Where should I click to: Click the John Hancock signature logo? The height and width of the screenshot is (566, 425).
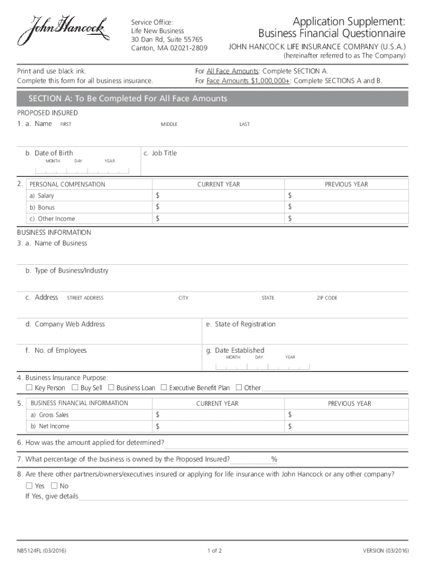pos(61,32)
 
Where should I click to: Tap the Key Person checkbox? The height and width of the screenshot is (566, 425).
pos(29,387)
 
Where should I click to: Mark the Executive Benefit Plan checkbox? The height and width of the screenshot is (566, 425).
pos(163,387)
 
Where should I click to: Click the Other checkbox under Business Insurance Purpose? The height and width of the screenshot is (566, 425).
pos(239,387)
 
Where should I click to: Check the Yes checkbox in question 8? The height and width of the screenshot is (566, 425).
pos(29,486)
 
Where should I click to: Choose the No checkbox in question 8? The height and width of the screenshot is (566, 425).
pos(54,486)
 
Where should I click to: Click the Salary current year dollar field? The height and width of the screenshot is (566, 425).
pos(218,196)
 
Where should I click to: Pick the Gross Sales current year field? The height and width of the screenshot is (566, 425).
pos(218,415)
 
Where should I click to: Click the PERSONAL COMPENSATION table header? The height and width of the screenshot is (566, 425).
pos(67,184)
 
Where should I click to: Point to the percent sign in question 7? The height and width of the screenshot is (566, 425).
pos(274,459)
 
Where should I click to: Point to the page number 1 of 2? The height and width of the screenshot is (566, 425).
pos(215,551)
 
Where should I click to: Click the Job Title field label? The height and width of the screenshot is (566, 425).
pos(160,153)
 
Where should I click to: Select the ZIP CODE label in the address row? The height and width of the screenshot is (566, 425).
pos(327,298)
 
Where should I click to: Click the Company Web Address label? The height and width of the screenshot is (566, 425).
pos(65,324)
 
